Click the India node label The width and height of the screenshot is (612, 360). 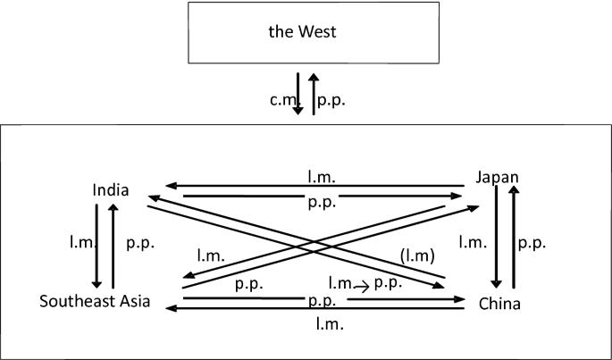[x=111, y=190]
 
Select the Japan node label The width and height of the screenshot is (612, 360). [x=498, y=178]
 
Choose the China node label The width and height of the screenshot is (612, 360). [x=499, y=305]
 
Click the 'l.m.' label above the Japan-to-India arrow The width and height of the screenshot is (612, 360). [x=322, y=178]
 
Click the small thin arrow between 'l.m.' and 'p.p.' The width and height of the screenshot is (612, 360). [x=362, y=287]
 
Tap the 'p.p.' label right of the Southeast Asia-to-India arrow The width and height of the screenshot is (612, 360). [x=138, y=242]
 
